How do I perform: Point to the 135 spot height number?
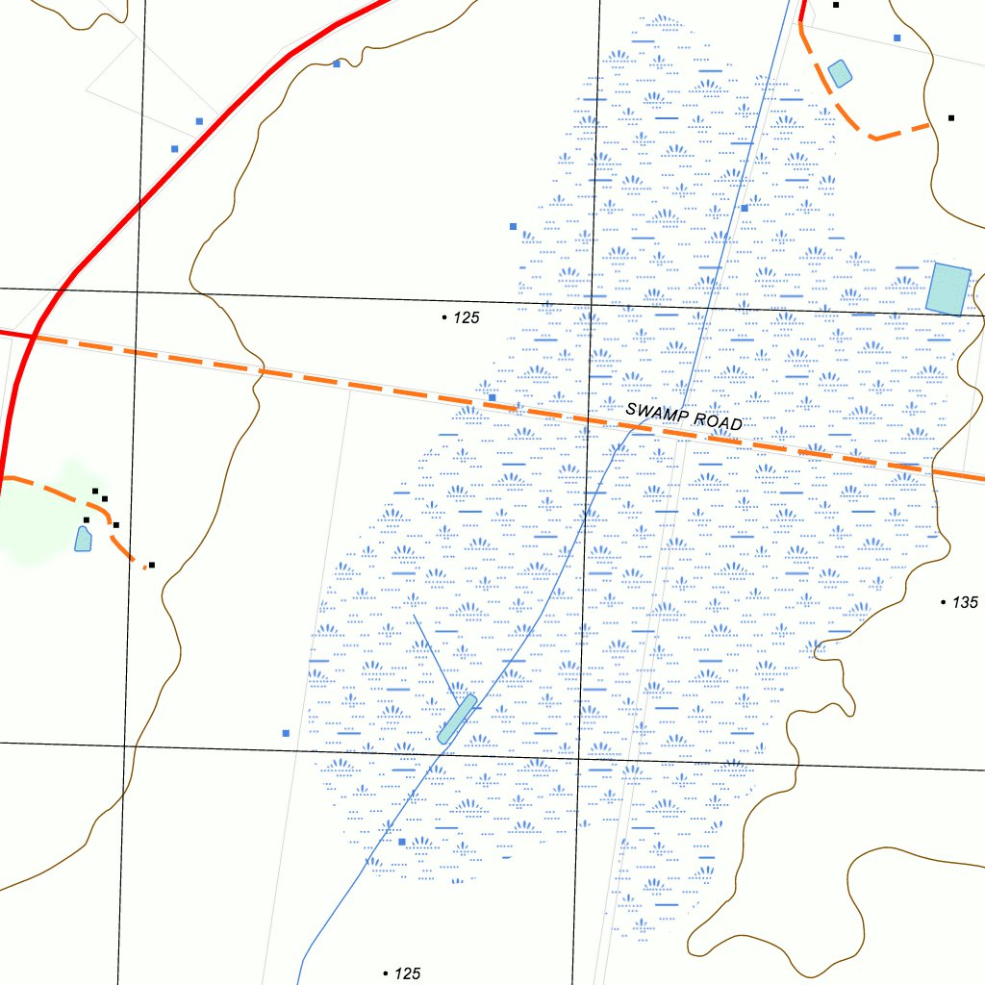[x=965, y=602]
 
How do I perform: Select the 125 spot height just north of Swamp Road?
[x=467, y=317]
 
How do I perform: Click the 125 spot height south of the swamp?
[x=408, y=973]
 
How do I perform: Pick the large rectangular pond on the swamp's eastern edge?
[x=948, y=289]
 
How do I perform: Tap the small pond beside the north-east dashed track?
[x=840, y=73]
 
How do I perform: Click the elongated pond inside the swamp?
[x=457, y=720]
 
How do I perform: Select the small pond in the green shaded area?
[x=84, y=538]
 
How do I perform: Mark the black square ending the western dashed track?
[x=152, y=566]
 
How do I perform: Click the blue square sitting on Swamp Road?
[x=492, y=397]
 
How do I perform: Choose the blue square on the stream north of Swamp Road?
[x=744, y=208]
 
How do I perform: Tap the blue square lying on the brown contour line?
[x=337, y=63]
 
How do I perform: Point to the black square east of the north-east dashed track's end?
[x=951, y=118]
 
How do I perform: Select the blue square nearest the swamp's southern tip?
[x=402, y=842]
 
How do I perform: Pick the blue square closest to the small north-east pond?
[x=897, y=38]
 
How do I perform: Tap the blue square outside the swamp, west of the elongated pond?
[x=286, y=733]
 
